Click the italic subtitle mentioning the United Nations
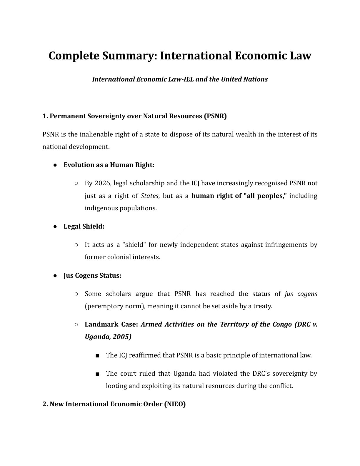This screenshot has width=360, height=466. coord(180,79)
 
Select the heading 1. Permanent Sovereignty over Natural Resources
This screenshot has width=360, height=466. coord(134,116)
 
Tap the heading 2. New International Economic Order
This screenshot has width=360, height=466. coord(114,404)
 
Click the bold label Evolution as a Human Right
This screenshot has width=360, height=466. coord(109,165)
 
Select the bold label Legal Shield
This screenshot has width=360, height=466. coord(84,226)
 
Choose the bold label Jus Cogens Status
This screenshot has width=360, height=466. coord(92,276)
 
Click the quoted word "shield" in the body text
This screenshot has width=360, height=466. coord(134,245)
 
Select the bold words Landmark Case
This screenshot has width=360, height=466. coord(111,324)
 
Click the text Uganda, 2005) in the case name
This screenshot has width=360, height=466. coord(108,337)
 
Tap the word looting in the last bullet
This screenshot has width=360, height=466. coord(116,386)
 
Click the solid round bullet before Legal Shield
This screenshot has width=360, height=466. coord(55,227)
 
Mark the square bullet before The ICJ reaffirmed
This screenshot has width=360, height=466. coord(97,356)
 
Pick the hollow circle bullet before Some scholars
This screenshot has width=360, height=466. coord(76,294)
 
